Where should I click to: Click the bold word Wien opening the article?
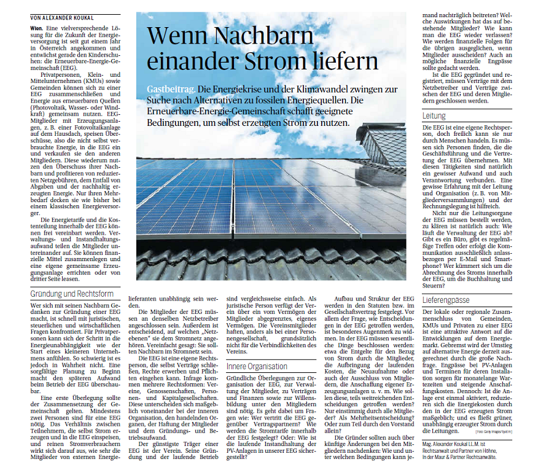[x=37, y=27]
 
